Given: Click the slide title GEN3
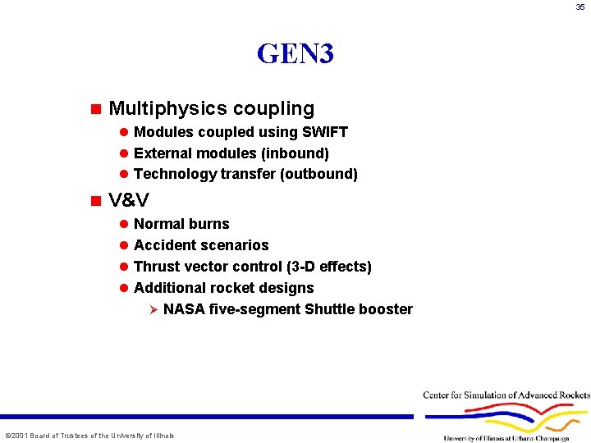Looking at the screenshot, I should [295, 54].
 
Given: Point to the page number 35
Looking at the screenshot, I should [580, 7].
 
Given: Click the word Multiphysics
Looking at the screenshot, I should [167, 108].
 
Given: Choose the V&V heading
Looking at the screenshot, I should [129, 200].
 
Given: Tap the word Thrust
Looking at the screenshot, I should [155, 267].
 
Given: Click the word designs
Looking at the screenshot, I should [287, 288].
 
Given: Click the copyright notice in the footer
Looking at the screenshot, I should [89, 436].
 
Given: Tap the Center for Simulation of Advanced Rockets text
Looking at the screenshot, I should [506, 395].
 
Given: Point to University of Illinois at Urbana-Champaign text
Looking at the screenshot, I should [506, 438].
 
